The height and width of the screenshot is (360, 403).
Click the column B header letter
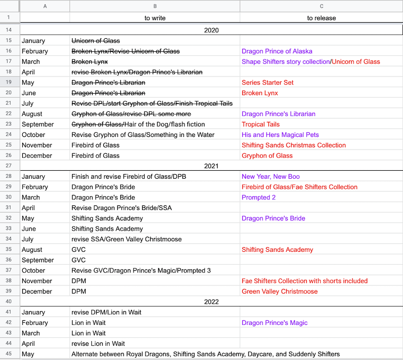coord(155,6)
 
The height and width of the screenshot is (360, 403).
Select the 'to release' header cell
coord(321,18)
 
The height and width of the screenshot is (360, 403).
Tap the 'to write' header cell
coord(155,18)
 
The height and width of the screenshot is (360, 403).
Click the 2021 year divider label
coord(212,166)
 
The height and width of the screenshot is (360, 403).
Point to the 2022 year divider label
coord(212,302)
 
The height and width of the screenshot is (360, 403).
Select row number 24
coord(10,135)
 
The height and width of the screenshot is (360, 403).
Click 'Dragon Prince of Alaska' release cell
coord(277,51)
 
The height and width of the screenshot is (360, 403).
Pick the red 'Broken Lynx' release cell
coord(259,93)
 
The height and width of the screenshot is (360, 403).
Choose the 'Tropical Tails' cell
coord(260,124)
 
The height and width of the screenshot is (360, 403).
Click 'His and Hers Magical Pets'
coord(280,135)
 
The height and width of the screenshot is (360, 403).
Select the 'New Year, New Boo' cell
coord(269,177)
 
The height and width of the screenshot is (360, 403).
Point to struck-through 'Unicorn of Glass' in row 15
coord(96,41)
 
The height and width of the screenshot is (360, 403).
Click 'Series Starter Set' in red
coord(267,83)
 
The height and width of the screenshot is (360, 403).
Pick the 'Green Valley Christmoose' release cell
coord(280,292)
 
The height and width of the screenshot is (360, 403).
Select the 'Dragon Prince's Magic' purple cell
coord(275,323)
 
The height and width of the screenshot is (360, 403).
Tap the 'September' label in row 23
coord(38,124)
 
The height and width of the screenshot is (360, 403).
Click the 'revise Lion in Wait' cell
coord(98,344)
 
